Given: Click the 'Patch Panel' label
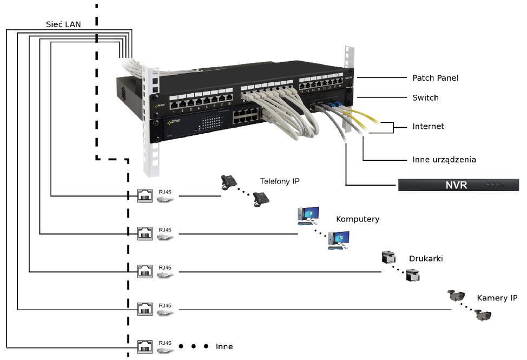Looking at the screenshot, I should pos(435,78).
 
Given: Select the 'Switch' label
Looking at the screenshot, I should pos(425,98).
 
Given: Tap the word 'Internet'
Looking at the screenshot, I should pos(428,127).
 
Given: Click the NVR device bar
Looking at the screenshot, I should pos(458,185).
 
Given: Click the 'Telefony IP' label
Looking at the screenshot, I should pos(280,181).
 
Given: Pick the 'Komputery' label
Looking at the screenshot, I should pos(358,219).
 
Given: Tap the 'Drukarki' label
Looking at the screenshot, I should pos(426,259).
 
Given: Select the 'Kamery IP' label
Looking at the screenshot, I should pos(497,298).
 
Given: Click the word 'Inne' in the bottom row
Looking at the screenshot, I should pos(224,346).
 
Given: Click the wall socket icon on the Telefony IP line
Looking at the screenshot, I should pos(145,195).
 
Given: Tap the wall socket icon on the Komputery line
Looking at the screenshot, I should pos(145,233).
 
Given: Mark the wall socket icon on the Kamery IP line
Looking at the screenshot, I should pos(145,309).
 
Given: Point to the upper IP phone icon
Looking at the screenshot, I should pos(229,182).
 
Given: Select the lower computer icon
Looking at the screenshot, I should pos(339,239).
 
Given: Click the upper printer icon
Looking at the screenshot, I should pos(388,257).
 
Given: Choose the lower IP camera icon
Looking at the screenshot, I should pos(483,315).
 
